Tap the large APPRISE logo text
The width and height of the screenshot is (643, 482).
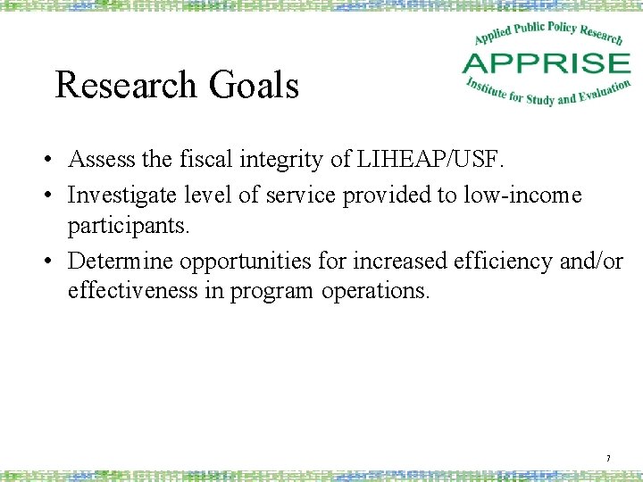tap(546, 63)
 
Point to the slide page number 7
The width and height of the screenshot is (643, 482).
tap(608, 459)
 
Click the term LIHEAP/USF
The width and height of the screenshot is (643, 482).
tap(432, 160)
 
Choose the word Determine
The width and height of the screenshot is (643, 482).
tap(121, 261)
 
